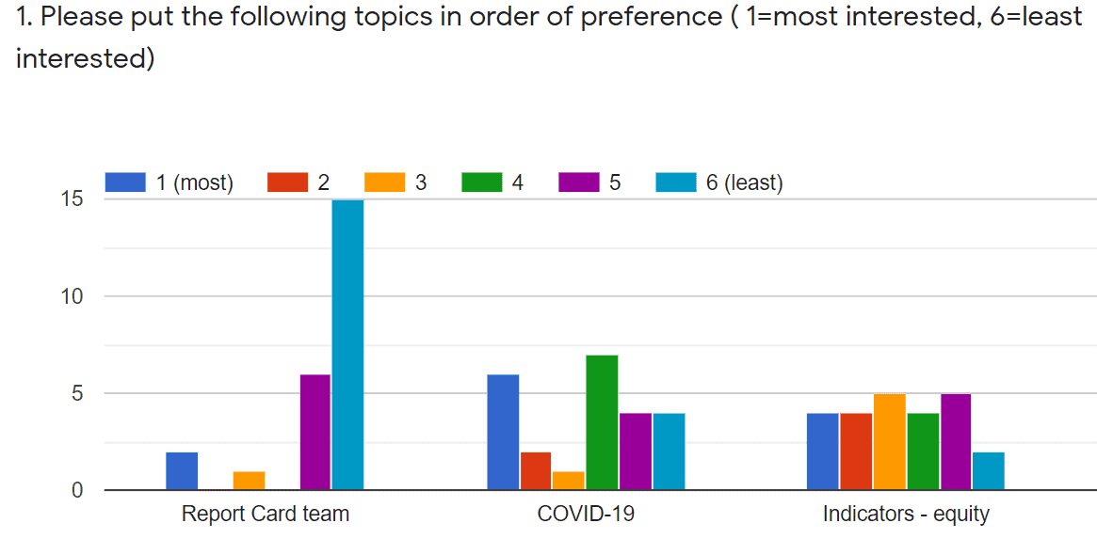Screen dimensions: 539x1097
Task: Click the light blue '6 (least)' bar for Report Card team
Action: point(347,344)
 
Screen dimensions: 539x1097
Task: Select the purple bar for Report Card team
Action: point(315,432)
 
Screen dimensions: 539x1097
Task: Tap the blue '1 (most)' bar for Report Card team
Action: point(182,470)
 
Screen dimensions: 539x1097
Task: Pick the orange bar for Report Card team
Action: point(249,480)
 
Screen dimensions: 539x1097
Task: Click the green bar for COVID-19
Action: point(602,422)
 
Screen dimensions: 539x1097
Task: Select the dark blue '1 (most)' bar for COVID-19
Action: point(503,432)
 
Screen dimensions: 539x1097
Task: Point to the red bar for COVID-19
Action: point(536,470)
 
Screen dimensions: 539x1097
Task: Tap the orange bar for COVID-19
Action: point(568,480)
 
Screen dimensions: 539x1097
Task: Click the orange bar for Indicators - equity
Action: point(890,441)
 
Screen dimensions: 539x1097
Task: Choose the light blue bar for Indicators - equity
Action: point(989,470)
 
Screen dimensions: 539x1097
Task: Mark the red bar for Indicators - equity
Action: point(857,451)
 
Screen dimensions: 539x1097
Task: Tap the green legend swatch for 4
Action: point(481,182)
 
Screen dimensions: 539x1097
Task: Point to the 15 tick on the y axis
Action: point(73,199)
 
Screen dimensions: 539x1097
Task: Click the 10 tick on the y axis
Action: point(73,296)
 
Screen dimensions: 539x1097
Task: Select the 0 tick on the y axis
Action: point(78,490)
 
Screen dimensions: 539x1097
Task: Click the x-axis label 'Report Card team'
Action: point(265,515)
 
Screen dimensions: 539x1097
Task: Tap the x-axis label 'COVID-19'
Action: point(586,515)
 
